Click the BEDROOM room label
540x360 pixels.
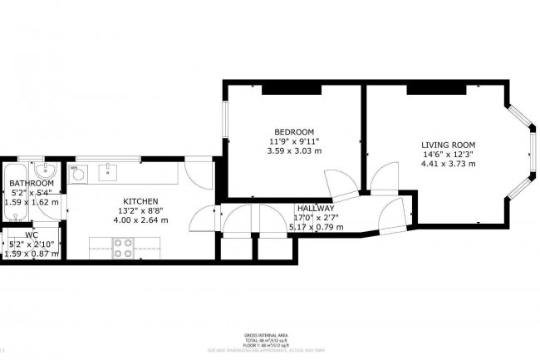click(294, 131)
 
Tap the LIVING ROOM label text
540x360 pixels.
click(448, 145)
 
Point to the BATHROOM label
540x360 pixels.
click(32, 182)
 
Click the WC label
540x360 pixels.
click(32, 235)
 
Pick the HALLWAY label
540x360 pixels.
click(315, 209)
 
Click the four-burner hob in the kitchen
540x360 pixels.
click(123, 246)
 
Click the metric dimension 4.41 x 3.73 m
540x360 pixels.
click(448, 164)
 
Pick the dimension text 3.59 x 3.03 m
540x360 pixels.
click(294, 150)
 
